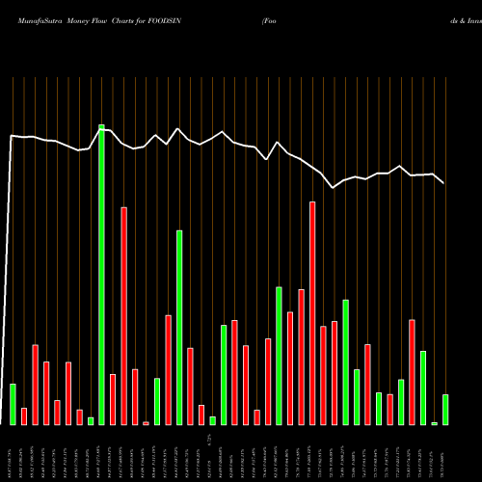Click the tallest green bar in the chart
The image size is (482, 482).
coord(101,275)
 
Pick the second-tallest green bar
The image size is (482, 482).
coord(179,328)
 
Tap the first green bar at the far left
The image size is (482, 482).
coord(13,404)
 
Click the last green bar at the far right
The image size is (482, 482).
coord(445,410)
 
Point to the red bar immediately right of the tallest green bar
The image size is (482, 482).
coord(113,399)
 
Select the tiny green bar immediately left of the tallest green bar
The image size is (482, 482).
coord(91,420)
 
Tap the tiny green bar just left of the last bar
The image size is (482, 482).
coord(435,423)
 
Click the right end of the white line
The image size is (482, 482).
coord(444,182)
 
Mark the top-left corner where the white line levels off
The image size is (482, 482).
coord(12,136)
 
